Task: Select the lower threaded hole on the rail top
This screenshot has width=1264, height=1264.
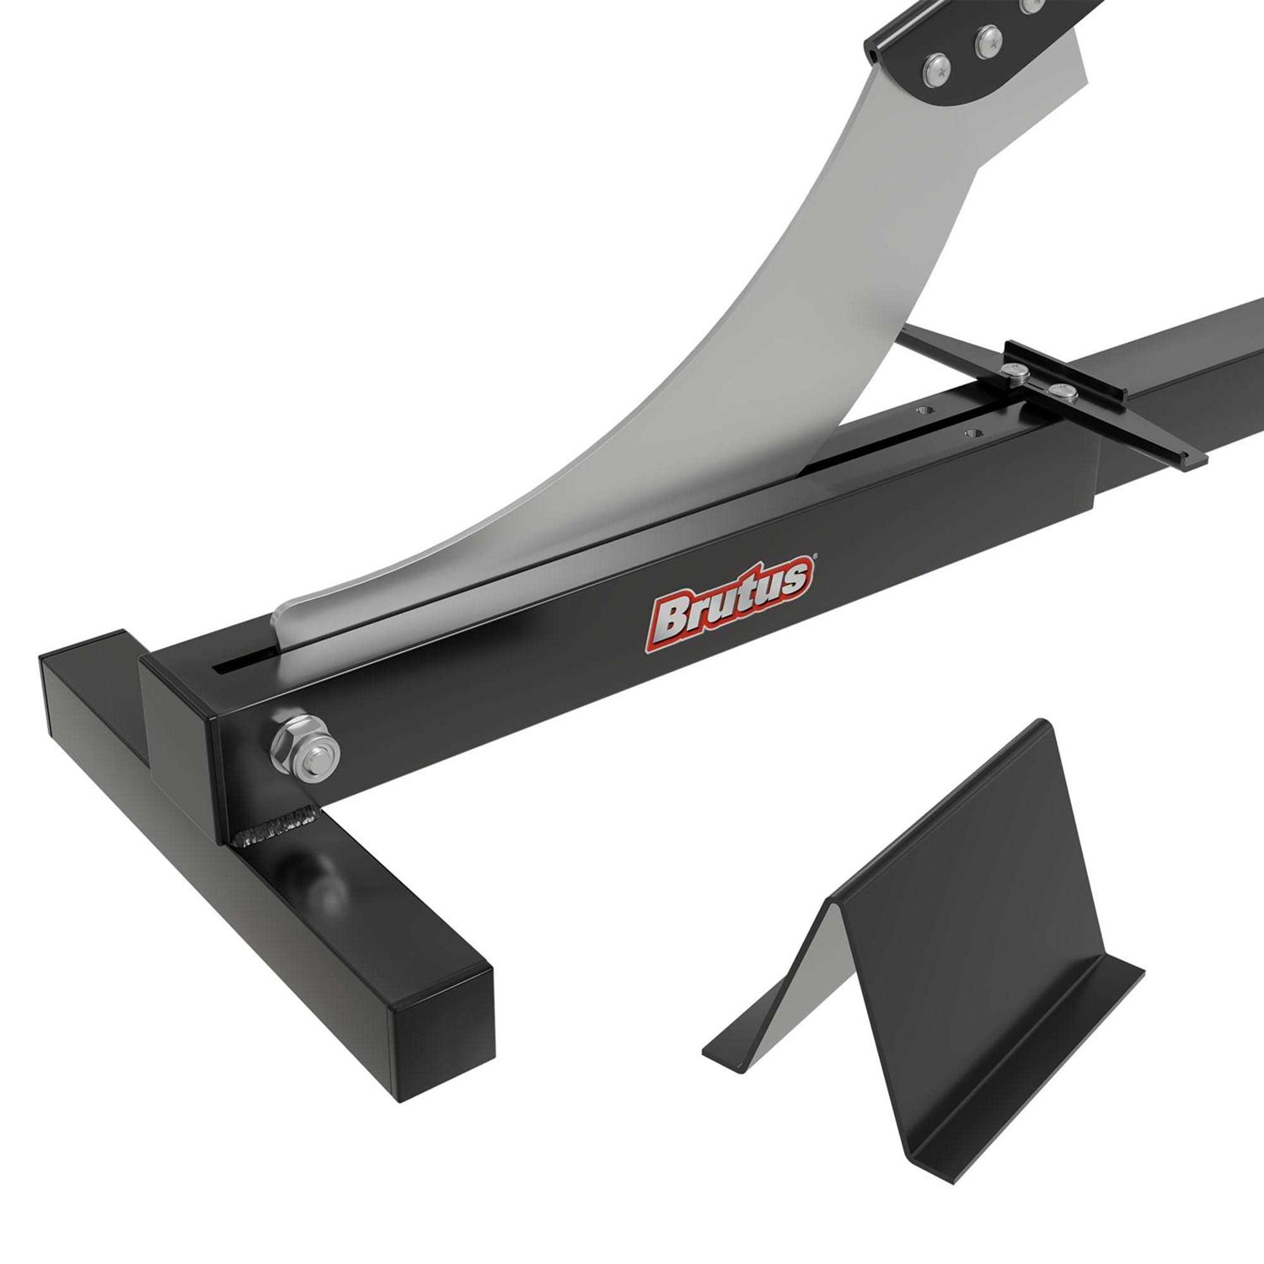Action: click(x=975, y=435)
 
